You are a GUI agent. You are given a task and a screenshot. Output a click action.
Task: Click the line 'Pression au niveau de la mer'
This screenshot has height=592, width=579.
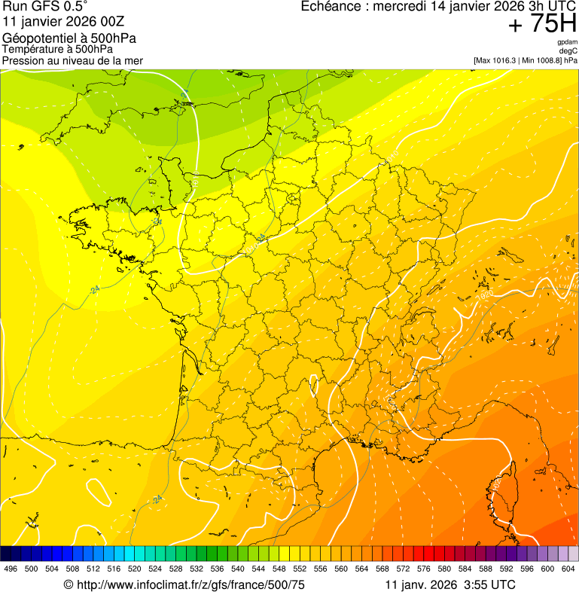click(72, 60)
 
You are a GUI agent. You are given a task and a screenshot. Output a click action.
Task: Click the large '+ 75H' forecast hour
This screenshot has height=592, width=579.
click(541, 25)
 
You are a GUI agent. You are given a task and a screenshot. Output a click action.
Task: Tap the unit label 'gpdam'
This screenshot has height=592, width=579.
click(567, 42)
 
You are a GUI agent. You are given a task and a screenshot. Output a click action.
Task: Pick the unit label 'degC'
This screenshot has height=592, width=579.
click(569, 50)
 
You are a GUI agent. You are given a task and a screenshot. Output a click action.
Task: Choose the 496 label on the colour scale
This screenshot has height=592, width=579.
click(11, 569)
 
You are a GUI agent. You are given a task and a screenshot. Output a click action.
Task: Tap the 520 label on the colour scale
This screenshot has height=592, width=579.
click(135, 569)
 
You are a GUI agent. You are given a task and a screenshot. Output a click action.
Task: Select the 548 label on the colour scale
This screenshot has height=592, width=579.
click(279, 569)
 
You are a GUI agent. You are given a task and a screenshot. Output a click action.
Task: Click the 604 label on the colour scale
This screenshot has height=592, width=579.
click(568, 569)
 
